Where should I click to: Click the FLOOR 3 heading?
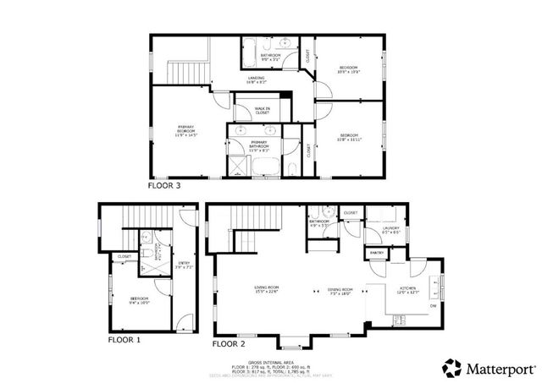pos(163,184)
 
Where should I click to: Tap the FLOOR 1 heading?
pos(124,340)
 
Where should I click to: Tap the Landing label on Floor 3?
pos(257,80)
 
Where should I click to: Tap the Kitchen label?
pos(407,292)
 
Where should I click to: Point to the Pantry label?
pos(376,253)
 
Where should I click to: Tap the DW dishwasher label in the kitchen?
pos(433,305)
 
